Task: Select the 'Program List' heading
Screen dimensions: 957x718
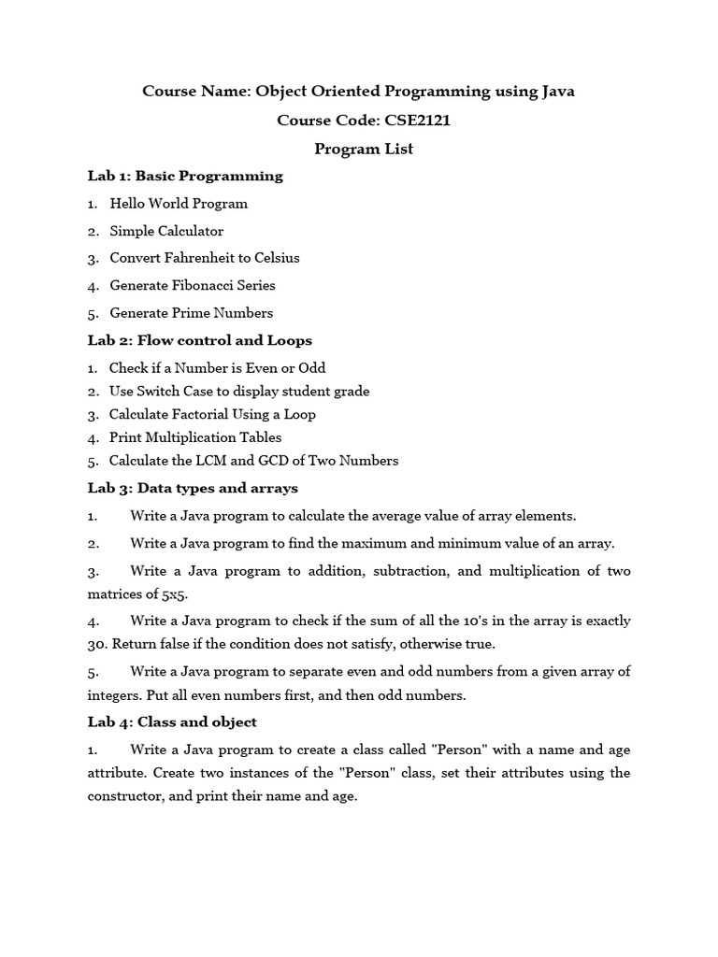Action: pos(363,149)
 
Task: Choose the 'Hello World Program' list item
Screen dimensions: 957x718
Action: pos(178,203)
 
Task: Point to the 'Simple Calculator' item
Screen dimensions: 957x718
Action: pos(166,230)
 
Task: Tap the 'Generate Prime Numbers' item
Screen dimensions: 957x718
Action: pos(191,313)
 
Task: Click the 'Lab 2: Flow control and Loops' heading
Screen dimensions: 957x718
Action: pos(199,340)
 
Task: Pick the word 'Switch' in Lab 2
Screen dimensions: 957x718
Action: pos(162,392)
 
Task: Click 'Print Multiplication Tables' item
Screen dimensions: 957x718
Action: pos(194,437)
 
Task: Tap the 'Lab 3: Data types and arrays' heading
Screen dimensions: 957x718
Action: pos(193,488)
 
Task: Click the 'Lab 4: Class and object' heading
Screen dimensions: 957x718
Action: pos(171,722)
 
